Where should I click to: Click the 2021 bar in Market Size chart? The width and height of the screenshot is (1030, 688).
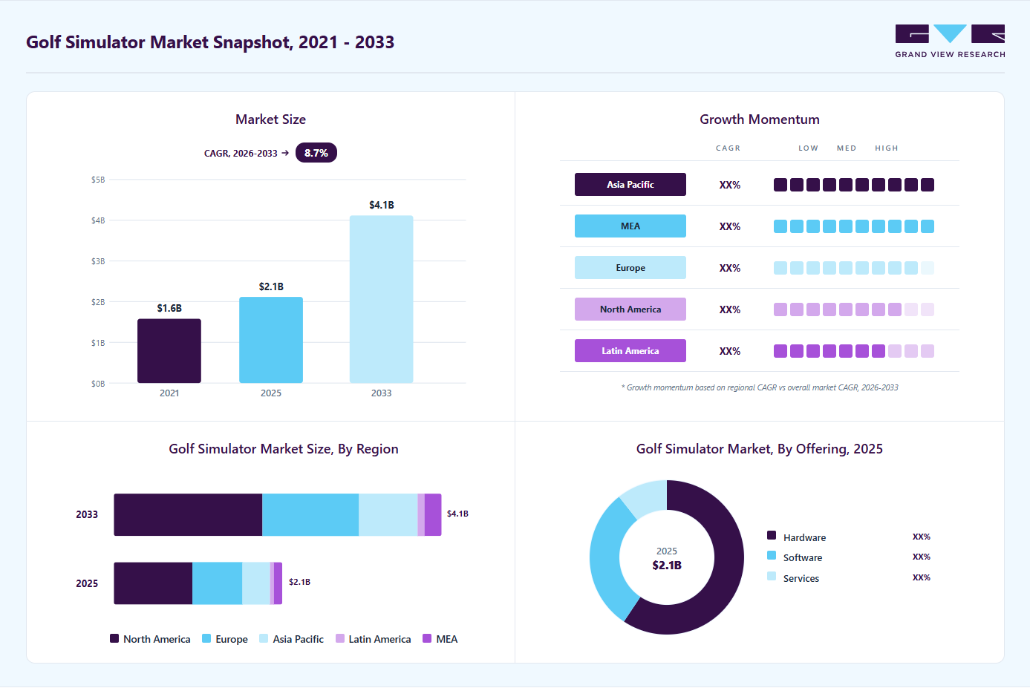169,350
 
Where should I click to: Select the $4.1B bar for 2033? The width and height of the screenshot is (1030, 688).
381,299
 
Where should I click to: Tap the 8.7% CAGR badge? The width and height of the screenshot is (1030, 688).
316,153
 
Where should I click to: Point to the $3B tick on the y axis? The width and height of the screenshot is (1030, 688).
98,261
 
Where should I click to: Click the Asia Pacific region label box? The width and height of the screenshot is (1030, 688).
630,184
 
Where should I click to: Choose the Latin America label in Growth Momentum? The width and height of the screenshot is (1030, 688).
630,350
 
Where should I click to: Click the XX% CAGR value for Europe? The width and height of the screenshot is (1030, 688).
730,268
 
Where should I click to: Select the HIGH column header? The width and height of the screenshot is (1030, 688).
886,148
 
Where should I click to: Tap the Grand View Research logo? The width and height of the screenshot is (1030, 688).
950,41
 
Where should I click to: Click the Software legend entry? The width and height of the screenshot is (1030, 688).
795,557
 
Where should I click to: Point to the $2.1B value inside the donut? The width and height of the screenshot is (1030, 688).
667,565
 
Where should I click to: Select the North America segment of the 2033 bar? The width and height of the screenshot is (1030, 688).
188,515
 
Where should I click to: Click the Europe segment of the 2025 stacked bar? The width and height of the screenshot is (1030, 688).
217,583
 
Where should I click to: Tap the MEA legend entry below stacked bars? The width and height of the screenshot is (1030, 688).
440,639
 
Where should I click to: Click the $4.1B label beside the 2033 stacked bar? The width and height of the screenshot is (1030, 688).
457,514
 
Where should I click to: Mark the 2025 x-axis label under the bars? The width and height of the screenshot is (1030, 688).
271,393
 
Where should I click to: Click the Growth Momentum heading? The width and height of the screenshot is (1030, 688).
760,119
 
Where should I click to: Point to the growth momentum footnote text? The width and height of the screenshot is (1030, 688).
760,387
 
